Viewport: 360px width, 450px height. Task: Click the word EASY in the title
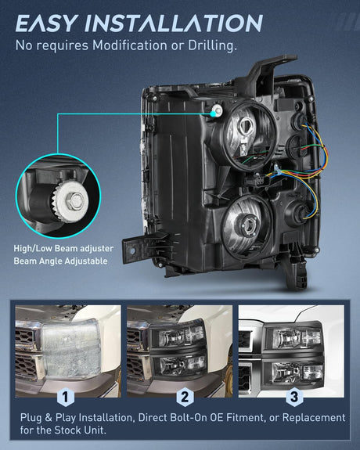point(47,23)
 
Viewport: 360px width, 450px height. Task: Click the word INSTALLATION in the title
point(174,23)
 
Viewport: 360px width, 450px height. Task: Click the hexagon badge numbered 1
point(66,397)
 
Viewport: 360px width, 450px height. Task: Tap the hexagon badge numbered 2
point(185,397)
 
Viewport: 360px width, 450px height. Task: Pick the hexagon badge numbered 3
point(294,397)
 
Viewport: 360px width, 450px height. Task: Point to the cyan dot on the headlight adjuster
point(213,113)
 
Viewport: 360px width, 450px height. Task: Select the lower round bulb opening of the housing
point(247,226)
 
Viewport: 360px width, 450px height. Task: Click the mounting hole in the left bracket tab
point(132,251)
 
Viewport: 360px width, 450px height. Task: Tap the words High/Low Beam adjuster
point(63,248)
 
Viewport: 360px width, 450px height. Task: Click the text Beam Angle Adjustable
point(60,261)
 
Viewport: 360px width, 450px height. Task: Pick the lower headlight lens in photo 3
point(295,373)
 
